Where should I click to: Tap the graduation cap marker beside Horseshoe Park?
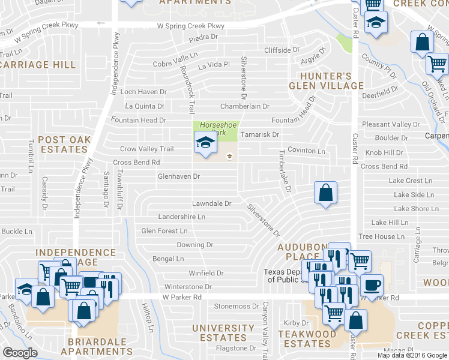[x=205, y=143]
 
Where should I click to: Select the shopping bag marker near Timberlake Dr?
[x=325, y=193]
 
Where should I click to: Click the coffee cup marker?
[x=372, y=284]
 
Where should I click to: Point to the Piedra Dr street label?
[x=203, y=37]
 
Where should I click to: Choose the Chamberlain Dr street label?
[x=244, y=106]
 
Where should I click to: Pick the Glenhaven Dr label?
[x=178, y=177]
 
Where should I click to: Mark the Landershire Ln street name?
[x=181, y=217]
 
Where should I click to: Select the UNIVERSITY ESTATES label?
[x=223, y=333]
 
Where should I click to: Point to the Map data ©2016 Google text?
[x=412, y=355]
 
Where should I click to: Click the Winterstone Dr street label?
[x=188, y=287]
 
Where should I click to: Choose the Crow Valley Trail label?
[x=146, y=149]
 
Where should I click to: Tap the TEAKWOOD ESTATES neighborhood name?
[x=307, y=339]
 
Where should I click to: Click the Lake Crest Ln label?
[x=410, y=181]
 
